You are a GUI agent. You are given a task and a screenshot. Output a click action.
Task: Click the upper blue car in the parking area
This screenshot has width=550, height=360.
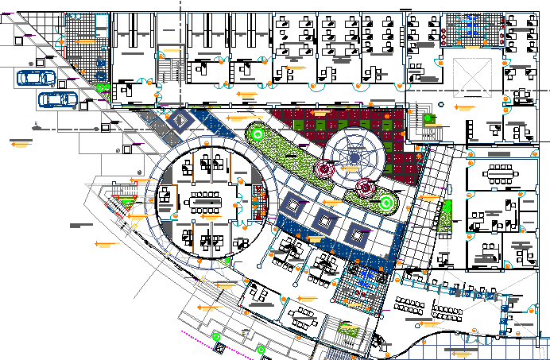[x=36, y=78]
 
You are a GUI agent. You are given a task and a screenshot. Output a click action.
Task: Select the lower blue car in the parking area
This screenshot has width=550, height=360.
[x=57, y=99]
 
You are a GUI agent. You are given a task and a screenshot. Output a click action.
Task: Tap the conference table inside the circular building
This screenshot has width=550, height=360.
[x=207, y=196]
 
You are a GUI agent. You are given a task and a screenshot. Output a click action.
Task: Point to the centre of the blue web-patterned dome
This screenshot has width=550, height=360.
[x=354, y=157]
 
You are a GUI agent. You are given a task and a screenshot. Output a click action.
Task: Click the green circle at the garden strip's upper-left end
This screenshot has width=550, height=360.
[x=257, y=134]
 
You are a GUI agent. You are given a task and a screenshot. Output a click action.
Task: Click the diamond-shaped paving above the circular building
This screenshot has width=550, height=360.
[x=182, y=121]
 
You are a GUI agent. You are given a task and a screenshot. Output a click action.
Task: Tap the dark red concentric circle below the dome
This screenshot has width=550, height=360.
[x=365, y=188]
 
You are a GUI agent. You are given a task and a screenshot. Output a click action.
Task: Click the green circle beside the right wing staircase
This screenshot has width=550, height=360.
[x=430, y=118]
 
